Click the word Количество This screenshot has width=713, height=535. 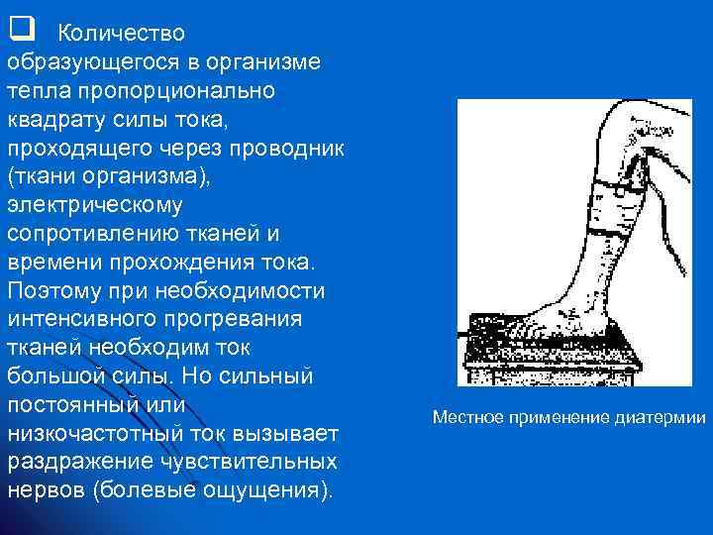121,33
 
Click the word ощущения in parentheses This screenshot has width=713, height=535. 265,492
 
